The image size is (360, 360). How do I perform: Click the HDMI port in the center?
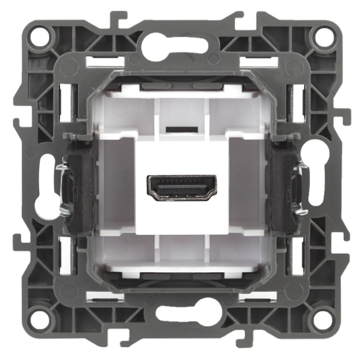181,188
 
